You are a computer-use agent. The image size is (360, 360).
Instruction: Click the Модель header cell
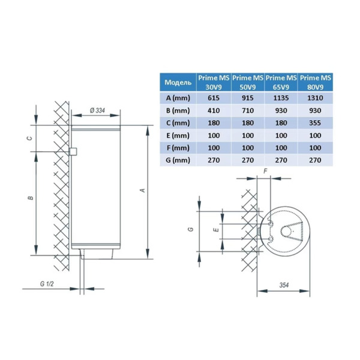(178, 82)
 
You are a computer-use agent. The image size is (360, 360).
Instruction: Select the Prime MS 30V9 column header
(214, 82)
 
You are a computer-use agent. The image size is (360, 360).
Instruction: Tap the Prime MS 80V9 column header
(315, 82)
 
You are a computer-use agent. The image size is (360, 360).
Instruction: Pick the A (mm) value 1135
(281, 98)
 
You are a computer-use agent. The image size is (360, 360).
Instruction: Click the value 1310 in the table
(315, 98)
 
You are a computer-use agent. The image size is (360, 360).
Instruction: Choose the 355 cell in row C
(315, 123)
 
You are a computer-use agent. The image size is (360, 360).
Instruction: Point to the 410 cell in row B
(214, 110)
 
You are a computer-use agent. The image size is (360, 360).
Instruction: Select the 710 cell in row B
(248, 110)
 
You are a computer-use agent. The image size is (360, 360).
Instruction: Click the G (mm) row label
(178, 160)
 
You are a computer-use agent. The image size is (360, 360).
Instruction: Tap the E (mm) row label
(178, 136)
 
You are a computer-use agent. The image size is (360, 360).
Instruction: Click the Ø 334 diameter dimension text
(97, 110)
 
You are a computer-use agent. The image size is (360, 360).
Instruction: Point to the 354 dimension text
(284, 285)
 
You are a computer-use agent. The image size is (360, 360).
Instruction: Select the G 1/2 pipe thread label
(47, 284)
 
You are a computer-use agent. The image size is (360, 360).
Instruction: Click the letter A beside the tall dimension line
(143, 190)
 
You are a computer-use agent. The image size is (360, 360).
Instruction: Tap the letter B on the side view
(31, 197)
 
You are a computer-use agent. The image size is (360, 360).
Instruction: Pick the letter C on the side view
(29, 138)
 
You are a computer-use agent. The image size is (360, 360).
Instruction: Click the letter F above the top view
(265, 171)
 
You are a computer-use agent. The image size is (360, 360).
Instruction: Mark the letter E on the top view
(216, 230)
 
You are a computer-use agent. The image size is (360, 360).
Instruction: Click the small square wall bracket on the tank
(73, 151)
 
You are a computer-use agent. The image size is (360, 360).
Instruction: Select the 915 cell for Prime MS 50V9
(248, 98)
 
